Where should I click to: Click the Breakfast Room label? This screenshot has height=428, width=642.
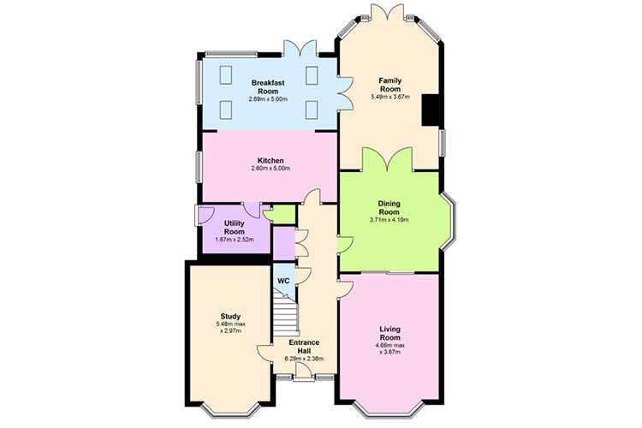268,86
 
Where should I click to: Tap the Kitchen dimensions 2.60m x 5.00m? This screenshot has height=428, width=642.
270,169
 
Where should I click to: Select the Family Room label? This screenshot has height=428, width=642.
389,85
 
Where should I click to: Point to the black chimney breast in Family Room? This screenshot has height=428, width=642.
431,110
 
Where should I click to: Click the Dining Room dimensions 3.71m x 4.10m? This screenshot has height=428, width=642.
389,220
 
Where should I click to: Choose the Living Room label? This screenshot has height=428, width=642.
389,333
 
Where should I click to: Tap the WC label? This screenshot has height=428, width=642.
283,281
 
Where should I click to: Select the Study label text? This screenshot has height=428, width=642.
230,316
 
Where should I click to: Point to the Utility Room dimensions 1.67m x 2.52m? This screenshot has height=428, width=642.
235,240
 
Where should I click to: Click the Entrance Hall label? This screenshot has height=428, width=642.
304,347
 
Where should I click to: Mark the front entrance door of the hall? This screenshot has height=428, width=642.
304,372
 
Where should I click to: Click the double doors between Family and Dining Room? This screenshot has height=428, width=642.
387,159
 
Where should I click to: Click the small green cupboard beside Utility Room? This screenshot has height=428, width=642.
279,215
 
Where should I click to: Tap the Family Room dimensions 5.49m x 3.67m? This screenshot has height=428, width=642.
389,97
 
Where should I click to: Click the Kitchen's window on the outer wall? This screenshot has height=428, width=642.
199,167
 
